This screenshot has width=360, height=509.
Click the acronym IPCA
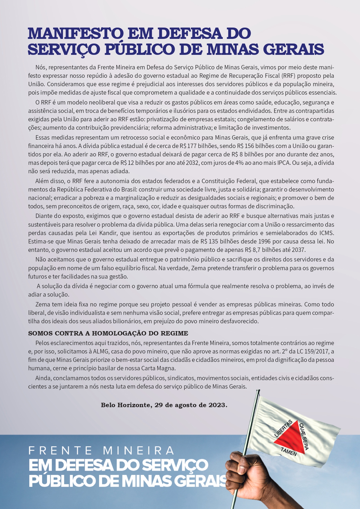point(282,163)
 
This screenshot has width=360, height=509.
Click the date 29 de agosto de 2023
point(190,405)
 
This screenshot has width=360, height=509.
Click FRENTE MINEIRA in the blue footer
point(101,451)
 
